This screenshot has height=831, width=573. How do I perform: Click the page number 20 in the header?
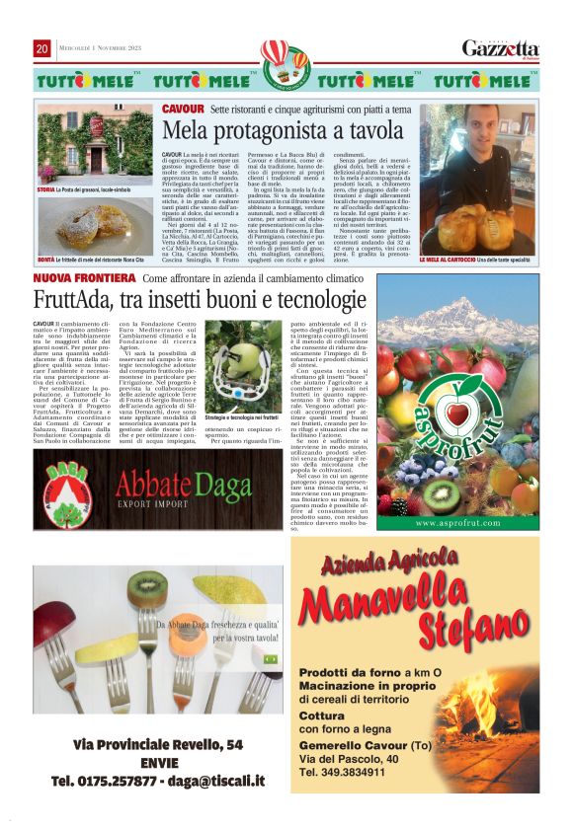point(41,48)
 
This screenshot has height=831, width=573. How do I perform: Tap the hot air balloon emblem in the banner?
point(286,60)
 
